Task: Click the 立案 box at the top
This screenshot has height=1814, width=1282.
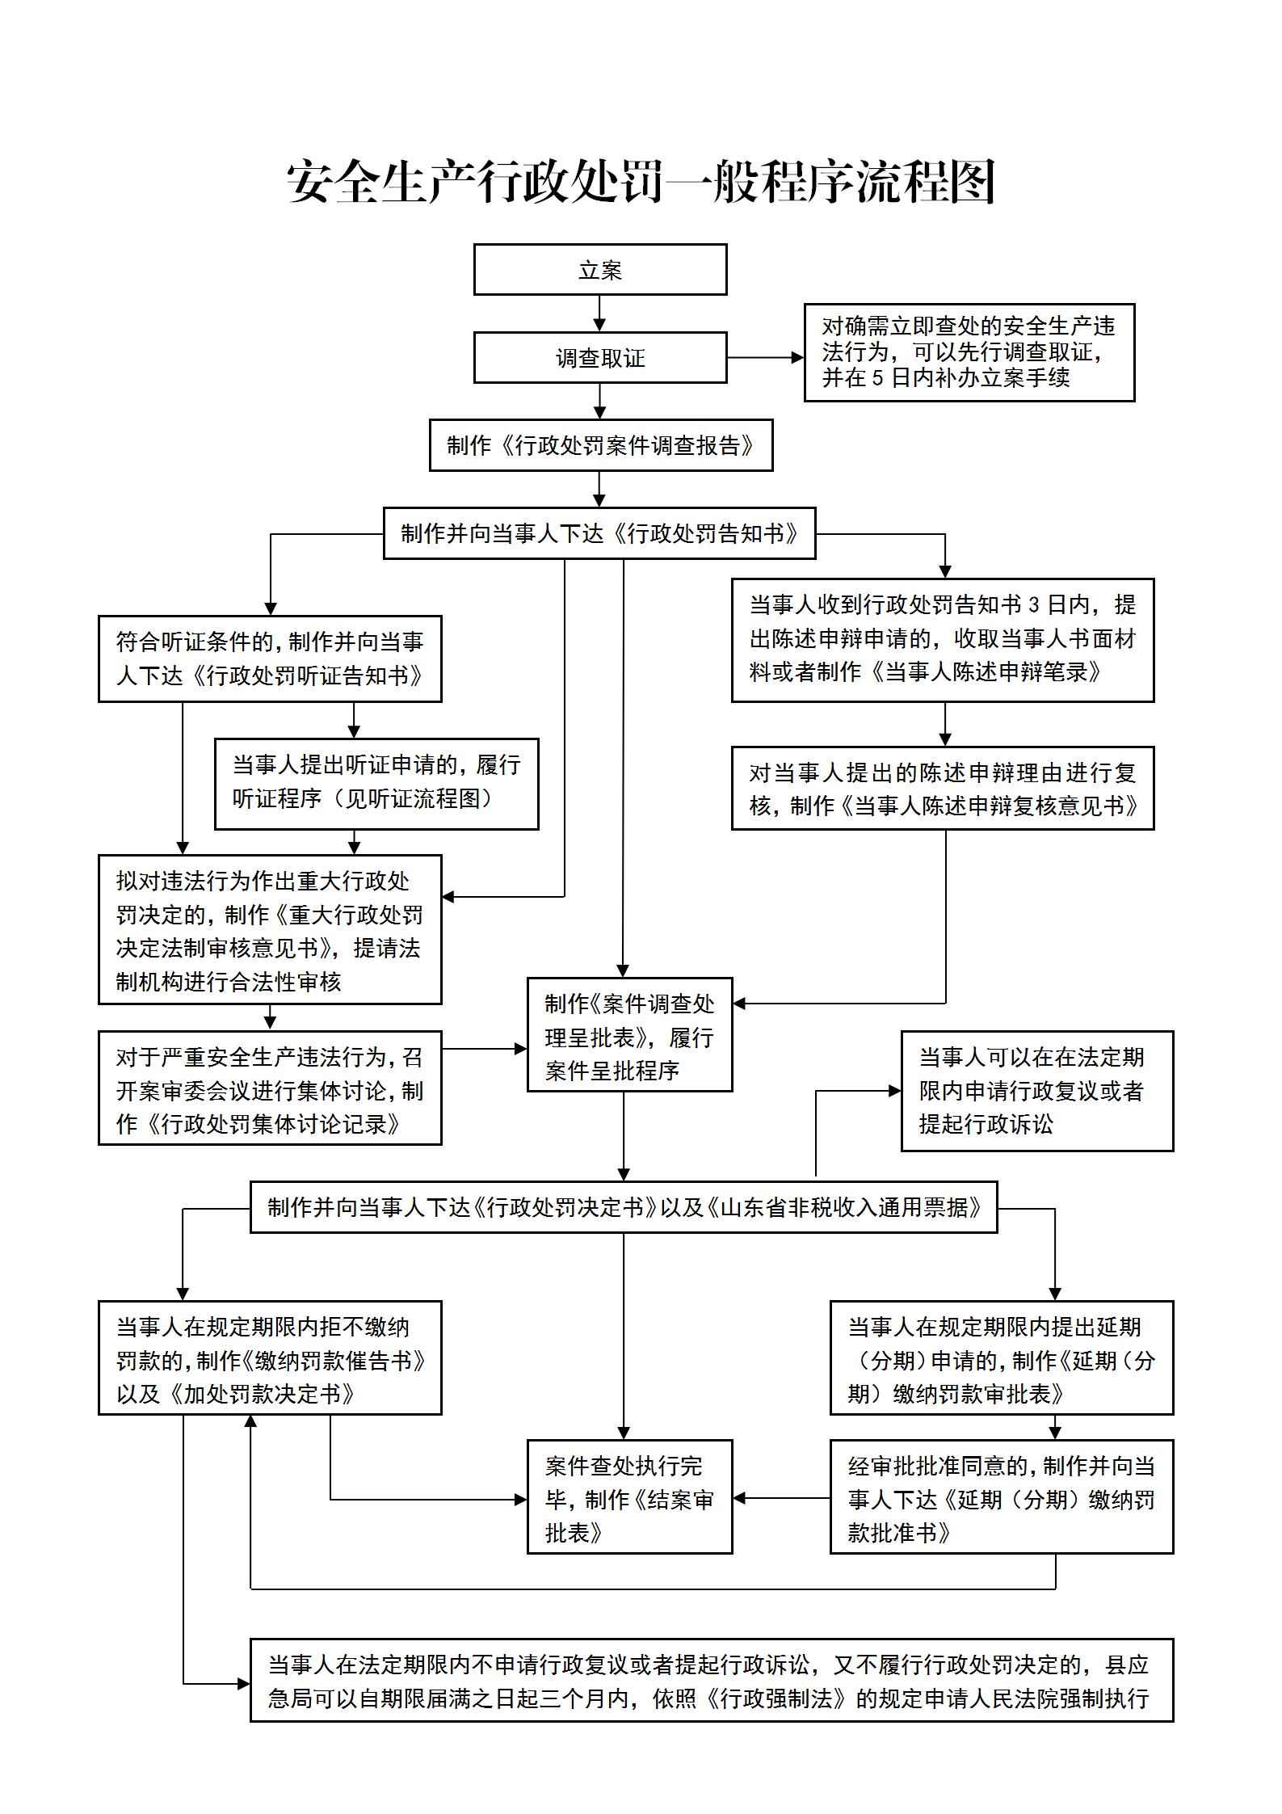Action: click(599, 269)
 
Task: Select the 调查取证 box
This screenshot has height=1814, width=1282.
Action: click(599, 357)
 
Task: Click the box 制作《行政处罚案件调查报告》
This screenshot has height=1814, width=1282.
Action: click(600, 445)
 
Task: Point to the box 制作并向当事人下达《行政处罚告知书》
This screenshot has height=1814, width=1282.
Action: click(599, 533)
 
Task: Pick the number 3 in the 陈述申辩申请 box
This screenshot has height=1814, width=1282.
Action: click(1035, 605)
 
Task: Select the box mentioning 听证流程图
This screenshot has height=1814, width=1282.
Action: click(376, 783)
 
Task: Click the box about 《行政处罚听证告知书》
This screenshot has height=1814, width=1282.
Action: click(270, 659)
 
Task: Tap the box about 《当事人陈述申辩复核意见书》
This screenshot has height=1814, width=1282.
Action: click(943, 789)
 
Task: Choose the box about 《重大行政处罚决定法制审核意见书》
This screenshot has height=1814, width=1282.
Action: click(270, 930)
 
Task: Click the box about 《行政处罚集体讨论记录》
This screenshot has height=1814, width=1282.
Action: click(270, 1088)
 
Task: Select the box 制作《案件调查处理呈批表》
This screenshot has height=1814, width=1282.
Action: click(629, 1035)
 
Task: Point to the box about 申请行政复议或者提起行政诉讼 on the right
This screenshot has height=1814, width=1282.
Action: click(1036, 1090)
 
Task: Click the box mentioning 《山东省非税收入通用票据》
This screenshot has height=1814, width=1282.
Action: click(624, 1207)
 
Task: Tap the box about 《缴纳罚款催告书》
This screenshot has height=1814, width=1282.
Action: click(270, 1358)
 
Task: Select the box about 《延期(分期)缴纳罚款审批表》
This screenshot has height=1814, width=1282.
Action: click(1001, 1358)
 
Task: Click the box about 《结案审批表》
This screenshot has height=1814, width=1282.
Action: click(629, 1497)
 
